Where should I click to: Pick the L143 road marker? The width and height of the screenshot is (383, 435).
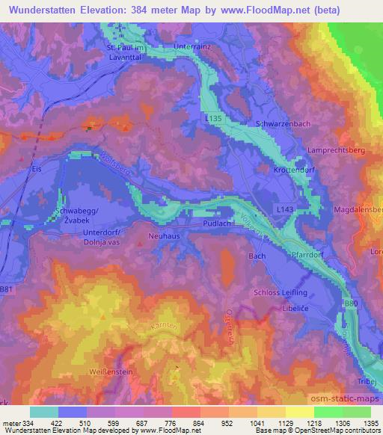[284, 212]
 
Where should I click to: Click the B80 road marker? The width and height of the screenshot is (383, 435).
[351, 303]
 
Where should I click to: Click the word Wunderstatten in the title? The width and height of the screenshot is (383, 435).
[42, 10]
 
